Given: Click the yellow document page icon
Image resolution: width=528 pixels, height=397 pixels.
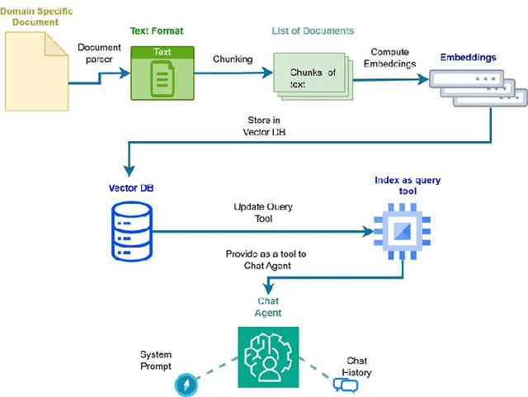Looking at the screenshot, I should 37,71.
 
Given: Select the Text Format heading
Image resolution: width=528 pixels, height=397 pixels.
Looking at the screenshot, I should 156,31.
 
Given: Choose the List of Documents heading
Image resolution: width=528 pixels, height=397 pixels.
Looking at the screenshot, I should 313,31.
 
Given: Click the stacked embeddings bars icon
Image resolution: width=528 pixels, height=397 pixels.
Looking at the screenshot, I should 471,89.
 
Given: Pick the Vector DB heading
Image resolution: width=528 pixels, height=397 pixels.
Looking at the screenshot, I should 131,187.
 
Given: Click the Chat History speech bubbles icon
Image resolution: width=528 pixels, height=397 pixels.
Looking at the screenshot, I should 343,384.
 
